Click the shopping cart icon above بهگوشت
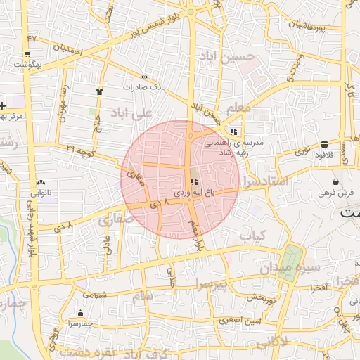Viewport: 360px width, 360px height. click(27, 53)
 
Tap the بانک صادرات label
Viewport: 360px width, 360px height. click(144, 87)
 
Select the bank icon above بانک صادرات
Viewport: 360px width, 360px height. click(145, 77)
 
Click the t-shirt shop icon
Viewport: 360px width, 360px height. click(99, 91)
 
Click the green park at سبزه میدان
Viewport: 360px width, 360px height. click(289, 262)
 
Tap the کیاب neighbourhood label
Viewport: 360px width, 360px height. click(255, 237)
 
